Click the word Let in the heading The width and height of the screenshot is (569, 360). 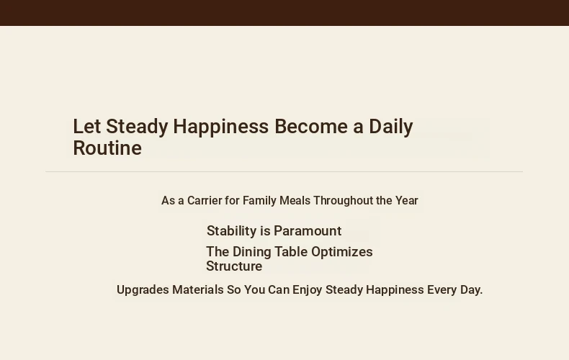pyautogui.click(x=86, y=127)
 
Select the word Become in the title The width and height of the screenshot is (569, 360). pyautogui.click(x=311, y=127)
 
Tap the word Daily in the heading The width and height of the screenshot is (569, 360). pyautogui.click(x=391, y=127)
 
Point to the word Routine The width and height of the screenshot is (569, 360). pyautogui.click(x=107, y=148)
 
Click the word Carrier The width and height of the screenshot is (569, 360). pyautogui.click(x=205, y=200)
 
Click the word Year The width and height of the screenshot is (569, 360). pyautogui.click(x=407, y=200)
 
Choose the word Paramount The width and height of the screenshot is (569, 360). pyautogui.click(x=308, y=231)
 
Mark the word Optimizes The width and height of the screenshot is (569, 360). pyautogui.click(x=342, y=252)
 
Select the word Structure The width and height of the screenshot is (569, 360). pyautogui.click(x=234, y=266)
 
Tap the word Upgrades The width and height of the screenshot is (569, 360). pyautogui.click(x=143, y=290)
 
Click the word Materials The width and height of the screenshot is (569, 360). pyautogui.click(x=198, y=289)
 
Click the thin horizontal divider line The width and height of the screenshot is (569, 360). pyautogui.click(x=284, y=171)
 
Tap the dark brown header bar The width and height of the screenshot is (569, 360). pyautogui.click(x=284, y=13)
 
